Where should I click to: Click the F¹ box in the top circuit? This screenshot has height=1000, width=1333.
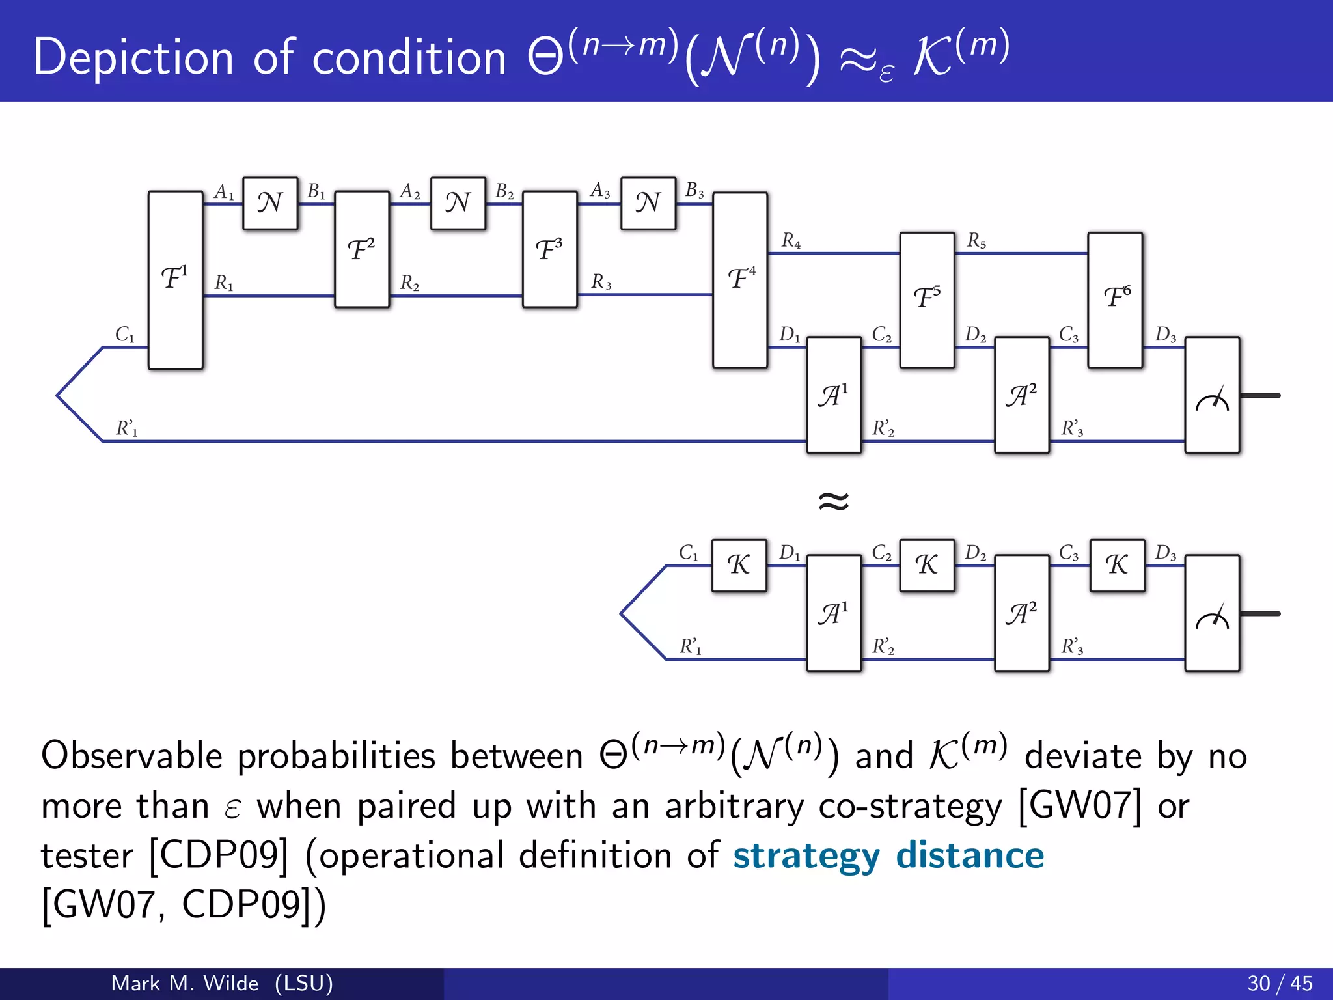click(175, 280)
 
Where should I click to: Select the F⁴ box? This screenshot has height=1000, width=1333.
click(740, 280)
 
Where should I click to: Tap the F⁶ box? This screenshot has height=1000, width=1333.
click(1115, 299)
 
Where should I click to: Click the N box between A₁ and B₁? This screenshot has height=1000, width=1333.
click(270, 203)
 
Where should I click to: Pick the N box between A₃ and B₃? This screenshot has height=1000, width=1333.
click(648, 203)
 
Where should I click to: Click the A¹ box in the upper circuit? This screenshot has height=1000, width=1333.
click(834, 395)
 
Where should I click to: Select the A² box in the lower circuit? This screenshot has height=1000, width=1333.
click(1022, 613)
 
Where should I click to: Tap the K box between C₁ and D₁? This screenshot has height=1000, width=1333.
click(739, 565)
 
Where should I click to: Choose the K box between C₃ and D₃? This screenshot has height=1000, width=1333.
click(1117, 565)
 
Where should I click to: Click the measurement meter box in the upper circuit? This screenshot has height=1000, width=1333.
click(1212, 395)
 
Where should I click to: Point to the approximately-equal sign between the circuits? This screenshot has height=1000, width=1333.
click(834, 501)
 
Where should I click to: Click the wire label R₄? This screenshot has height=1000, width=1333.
click(791, 241)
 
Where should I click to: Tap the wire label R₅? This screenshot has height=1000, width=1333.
click(976, 241)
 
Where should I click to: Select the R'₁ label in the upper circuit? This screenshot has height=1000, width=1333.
click(127, 428)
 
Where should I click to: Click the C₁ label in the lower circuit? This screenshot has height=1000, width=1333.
click(689, 553)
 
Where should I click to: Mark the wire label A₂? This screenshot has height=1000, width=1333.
click(410, 191)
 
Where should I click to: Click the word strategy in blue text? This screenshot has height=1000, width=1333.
click(806, 856)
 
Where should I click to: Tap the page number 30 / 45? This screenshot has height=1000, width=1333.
click(1280, 983)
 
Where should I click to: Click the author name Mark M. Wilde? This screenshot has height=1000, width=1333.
click(185, 983)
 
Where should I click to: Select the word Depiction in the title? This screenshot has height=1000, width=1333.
click(133, 57)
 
